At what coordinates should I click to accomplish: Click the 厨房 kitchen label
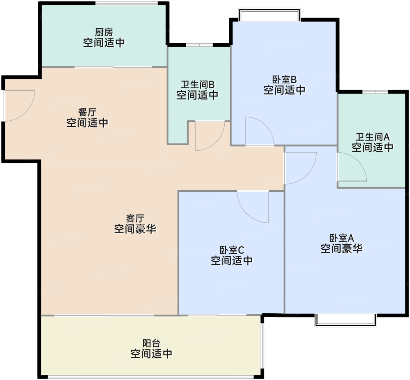104,32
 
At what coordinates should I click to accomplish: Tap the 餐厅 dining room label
87,112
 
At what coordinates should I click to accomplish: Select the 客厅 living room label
135,218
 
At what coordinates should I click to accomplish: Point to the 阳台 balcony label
151,343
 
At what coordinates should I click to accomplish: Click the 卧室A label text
342,238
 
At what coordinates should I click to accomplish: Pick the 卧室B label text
284,79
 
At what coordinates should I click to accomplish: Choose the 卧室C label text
232,250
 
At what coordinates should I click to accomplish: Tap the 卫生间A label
373,137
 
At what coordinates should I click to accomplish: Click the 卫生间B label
198,84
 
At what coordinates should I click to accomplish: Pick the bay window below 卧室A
346,320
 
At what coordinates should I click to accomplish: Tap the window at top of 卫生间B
199,45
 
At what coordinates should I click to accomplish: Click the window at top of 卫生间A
375,92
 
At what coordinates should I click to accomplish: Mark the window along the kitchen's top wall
127,3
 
